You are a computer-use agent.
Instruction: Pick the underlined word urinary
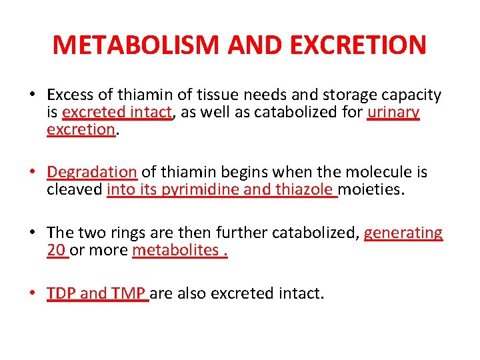coord(393,113)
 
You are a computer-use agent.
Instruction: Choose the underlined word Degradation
coord(92,172)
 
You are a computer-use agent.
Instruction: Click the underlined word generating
coord(403,233)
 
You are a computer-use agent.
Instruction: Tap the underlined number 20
coord(57,250)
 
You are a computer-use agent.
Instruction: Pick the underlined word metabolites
coord(177,250)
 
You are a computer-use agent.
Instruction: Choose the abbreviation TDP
coord(61,293)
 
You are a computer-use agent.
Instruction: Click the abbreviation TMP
coord(129,293)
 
